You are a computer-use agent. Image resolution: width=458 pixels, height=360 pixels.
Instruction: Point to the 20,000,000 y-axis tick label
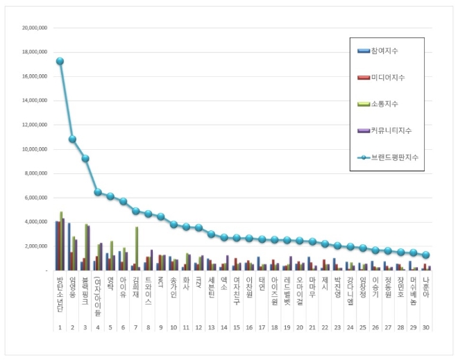(x=34, y=28)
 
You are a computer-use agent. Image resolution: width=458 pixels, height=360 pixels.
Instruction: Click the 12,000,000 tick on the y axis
(x=34, y=125)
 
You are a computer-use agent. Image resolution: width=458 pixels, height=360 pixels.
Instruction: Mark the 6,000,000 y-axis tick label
(x=35, y=198)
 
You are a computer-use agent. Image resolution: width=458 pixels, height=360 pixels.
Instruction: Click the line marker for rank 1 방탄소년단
(x=60, y=61)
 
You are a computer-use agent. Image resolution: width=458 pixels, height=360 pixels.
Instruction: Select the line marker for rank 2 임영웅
(x=73, y=139)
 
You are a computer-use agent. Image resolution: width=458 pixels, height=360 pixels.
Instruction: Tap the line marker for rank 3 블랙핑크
(x=85, y=158)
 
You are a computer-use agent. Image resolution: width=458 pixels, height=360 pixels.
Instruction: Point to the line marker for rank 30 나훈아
(x=426, y=255)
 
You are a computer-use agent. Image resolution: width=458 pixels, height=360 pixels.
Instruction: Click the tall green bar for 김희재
(x=137, y=247)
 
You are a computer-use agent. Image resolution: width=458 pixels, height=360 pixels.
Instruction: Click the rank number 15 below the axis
(x=237, y=327)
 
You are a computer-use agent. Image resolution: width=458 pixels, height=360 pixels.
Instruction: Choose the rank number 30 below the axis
(x=426, y=327)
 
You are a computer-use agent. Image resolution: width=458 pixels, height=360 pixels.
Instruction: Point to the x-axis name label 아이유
(x=124, y=284)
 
